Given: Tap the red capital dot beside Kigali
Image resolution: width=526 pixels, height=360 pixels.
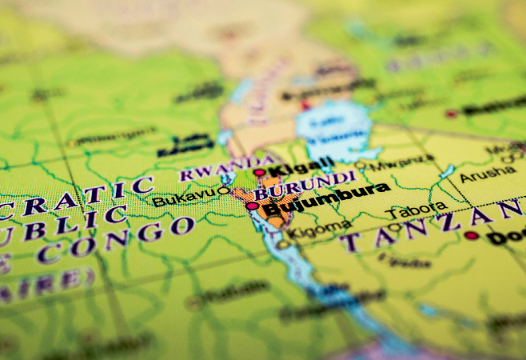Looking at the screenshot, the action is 259,172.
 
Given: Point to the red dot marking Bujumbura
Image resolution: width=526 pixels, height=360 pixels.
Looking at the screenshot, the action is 252,206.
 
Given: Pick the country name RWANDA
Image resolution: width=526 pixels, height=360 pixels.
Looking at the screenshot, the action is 207,173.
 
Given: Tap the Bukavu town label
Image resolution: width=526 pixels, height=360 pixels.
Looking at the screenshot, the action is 182,197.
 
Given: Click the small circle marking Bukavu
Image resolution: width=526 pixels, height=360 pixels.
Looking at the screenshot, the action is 223,190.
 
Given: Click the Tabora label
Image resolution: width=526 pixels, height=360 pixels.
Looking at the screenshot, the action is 416,210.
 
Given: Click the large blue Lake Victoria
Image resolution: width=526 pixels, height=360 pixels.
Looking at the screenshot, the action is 335,128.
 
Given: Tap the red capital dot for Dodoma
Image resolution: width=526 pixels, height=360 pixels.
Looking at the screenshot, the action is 472,235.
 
